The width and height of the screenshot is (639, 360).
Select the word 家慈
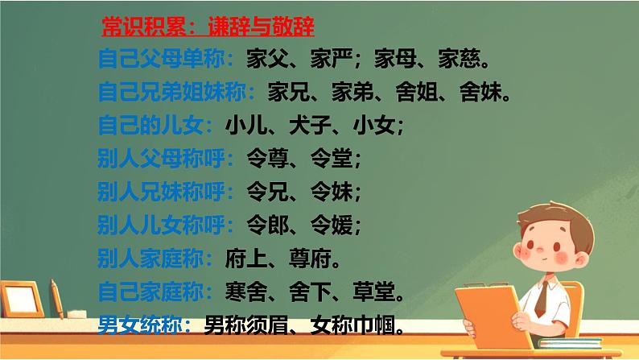click(463, 60)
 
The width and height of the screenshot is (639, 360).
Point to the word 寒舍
click(241, 291)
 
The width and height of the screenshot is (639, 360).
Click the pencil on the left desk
click(56, 297)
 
